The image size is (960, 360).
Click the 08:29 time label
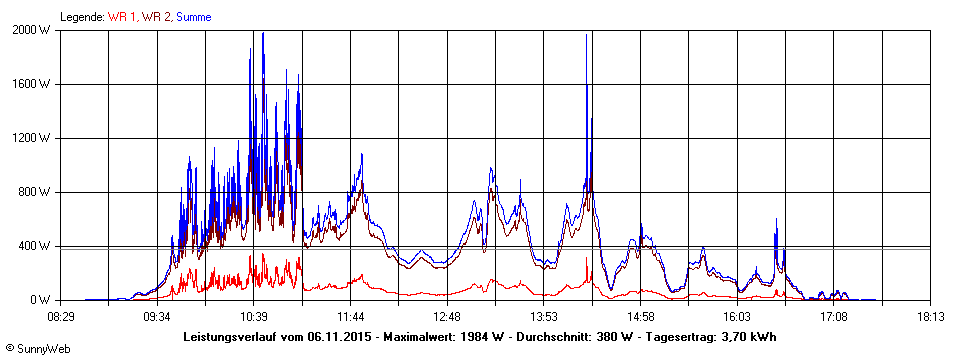point(61,317)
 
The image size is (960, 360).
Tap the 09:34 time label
point(157,317)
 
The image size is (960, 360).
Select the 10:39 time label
point(254,317)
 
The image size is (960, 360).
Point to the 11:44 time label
point(351,317)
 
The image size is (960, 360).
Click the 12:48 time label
point(447,317)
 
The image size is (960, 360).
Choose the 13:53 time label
point(544,317)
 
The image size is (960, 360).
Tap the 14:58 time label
point(641,317)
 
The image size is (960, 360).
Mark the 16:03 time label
point(737,317)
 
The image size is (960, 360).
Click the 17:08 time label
point(834,317)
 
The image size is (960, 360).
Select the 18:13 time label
point(930,317)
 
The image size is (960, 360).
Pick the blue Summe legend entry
point(193,17)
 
